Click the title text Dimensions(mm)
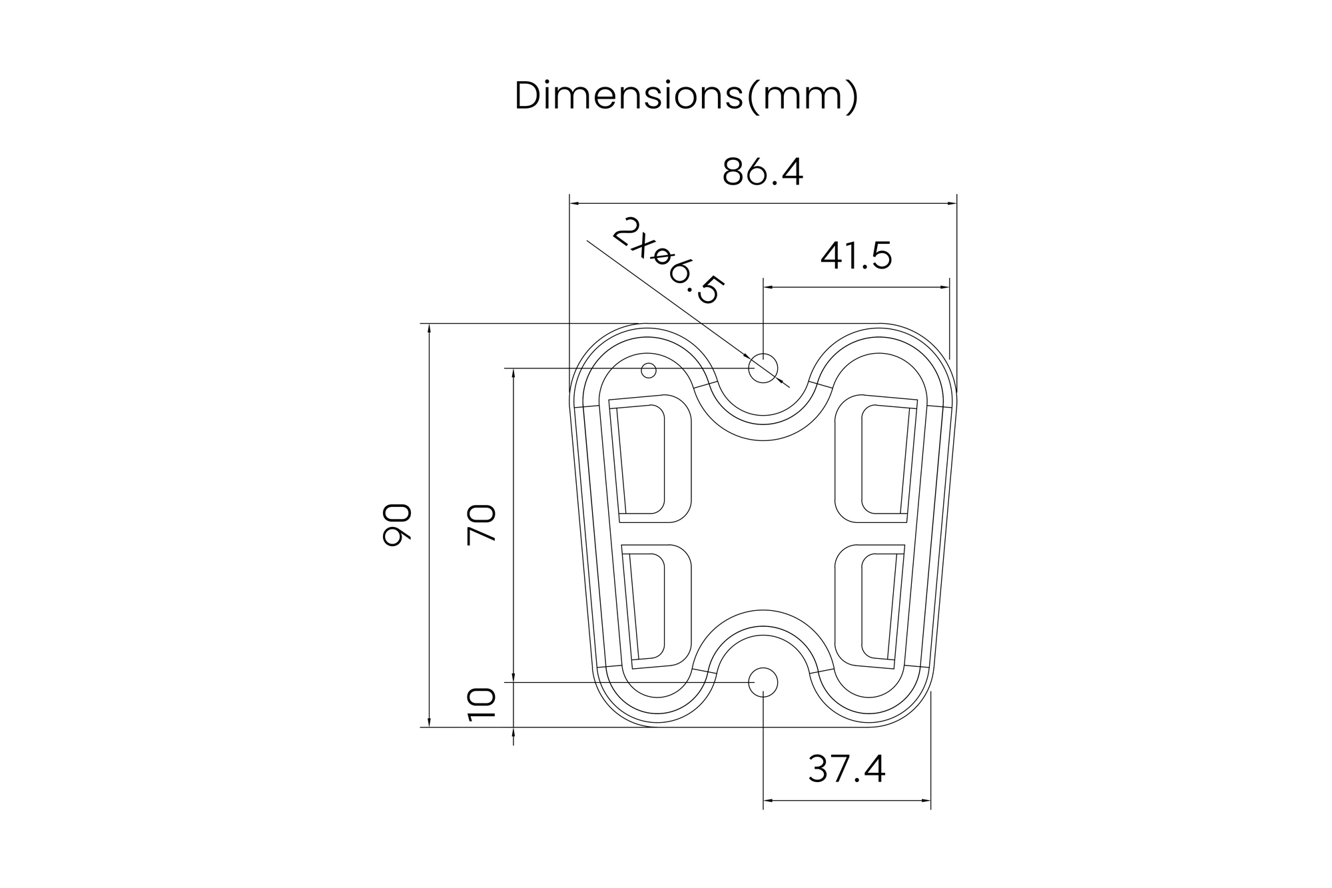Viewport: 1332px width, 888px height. click(x=687, y=96)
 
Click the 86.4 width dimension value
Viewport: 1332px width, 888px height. click(x=763, y=172)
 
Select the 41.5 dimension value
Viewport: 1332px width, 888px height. click(x=856, y=256)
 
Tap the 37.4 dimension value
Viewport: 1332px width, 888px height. click(x=846, y=769)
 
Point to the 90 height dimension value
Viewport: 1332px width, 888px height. click(x=398, y=525)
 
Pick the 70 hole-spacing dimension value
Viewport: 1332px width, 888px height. click(x=482, y=525)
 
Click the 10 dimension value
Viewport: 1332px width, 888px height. click(x=482, y=705)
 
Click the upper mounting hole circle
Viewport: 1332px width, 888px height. click(x=763, y=368)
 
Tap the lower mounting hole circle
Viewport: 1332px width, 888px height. click(x=763, y=682)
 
